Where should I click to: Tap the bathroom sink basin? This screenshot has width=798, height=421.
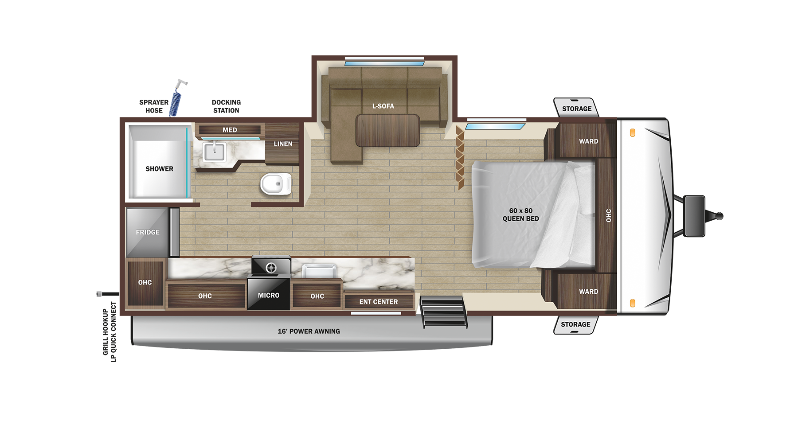point(215,152)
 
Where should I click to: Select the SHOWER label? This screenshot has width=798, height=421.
point(160,169)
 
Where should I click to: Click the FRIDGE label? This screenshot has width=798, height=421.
point(148,232)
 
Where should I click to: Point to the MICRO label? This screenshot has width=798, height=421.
point(269,295)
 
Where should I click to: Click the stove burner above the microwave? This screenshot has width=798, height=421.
point(271,267)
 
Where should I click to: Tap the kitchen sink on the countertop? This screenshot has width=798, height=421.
point(319,271)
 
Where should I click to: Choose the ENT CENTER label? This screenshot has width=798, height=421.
point(379,302)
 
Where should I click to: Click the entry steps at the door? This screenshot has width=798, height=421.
point(443,312)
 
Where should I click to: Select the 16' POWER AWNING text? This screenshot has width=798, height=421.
point(309,331)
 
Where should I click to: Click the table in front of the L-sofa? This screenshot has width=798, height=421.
point(388,130)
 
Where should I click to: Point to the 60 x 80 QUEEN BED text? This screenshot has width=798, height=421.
point(521,214)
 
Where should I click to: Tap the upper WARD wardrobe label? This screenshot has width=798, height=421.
point(589,141)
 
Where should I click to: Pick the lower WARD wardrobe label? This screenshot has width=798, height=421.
point(589,292)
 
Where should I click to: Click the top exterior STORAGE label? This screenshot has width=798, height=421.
point(577,109)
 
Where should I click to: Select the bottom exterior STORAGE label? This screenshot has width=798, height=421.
point(575,324)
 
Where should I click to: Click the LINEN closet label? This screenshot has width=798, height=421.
point(283,144)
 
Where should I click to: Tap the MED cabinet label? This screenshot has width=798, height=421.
point(230,130)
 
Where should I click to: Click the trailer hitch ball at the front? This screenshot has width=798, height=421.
point(720,216)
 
